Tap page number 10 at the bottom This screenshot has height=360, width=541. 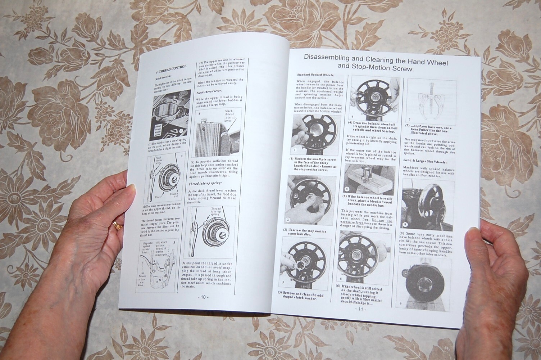point(203,297)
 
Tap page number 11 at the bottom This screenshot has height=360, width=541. point(360,309)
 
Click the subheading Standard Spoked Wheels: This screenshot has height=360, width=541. point(315,75)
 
